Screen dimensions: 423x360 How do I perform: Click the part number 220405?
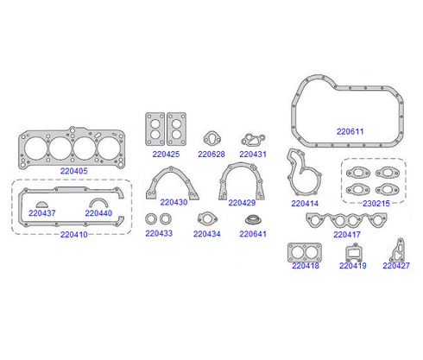tap(73, 171)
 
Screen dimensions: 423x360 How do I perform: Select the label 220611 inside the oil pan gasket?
tap(350, 131)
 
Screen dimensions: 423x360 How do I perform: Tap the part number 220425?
tap(166, 155)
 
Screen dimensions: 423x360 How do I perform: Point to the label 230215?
tap(376, 204)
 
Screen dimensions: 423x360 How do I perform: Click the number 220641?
tap(253, 234)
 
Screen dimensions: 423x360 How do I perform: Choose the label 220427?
tap(396, 265)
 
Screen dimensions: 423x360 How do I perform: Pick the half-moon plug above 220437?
tap(42, 205)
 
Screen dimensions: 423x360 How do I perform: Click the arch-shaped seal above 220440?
tap(98, 202)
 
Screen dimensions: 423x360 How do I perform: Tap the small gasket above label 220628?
tap(212, 139)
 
